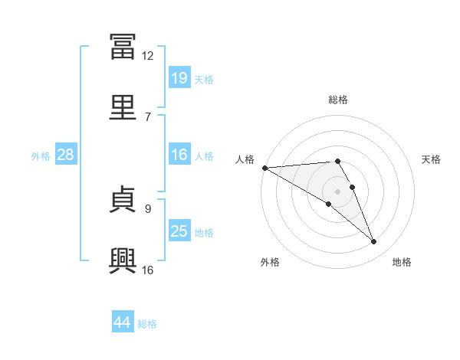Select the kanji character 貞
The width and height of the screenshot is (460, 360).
tap(123, 201)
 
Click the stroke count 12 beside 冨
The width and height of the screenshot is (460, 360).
tap(147, 56)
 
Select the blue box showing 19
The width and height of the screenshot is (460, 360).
tap(179, 77)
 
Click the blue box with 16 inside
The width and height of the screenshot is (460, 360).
tap(179, 155)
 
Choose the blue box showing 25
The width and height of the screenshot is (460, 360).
tap(179, 231)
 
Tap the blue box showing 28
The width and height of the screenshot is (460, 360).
tap(66, 155)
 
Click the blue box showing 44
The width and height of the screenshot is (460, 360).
tap(123, 322)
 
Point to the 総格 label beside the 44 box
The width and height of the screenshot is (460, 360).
tap(147, 324)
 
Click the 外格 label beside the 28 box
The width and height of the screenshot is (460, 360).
tap(41, 155)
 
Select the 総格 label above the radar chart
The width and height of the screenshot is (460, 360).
tap(338, 100)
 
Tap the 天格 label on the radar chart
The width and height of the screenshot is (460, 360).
tap(432, 159)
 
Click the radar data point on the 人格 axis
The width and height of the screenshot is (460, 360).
tap(264, 168)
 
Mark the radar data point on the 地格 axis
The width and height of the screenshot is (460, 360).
tap(374, 242)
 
